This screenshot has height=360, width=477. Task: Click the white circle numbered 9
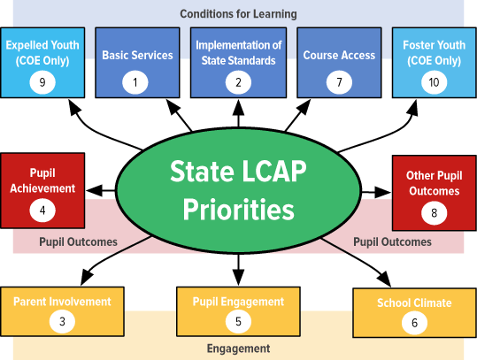click(x=42, y=82)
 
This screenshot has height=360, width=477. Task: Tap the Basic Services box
click(x=137, y=63)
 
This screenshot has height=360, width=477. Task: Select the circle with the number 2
click(x=238, y=82)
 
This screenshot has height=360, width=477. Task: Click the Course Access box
click(x=339, y=63)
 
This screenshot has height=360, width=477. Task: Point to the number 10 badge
click(x=435, y=82)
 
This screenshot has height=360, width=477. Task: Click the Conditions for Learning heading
click(x=239, y=14)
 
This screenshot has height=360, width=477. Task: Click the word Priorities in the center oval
click(x=239, y=210)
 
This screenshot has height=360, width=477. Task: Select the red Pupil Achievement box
click(x=42, y=191)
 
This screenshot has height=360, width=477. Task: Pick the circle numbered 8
click(x=435, y=213)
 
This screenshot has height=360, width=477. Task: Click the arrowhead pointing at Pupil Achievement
click(x=94, y=191)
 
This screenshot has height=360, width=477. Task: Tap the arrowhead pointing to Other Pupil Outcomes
click(x=382, y=192)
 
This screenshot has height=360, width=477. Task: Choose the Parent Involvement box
click(x=62, y=311)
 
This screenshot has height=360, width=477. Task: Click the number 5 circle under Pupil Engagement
click(x=238, y=321)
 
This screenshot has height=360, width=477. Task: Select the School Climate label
click(x=414, y=303)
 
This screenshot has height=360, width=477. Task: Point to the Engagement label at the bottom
click(x=239, y=349)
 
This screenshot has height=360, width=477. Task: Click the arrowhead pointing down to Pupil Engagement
click(x=238, y=278)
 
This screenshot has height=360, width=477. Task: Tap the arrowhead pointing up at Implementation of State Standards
click(x=238, y=107)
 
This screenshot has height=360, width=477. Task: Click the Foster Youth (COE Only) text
click(x=435, y=52)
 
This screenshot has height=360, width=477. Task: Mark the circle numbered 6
click(x=414, y=323)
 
